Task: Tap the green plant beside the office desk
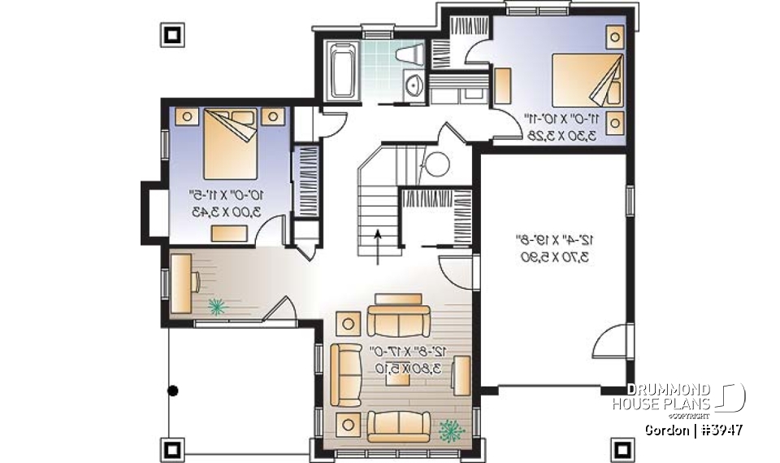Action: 217,307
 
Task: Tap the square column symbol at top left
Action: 172,34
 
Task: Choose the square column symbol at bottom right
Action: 622,448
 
